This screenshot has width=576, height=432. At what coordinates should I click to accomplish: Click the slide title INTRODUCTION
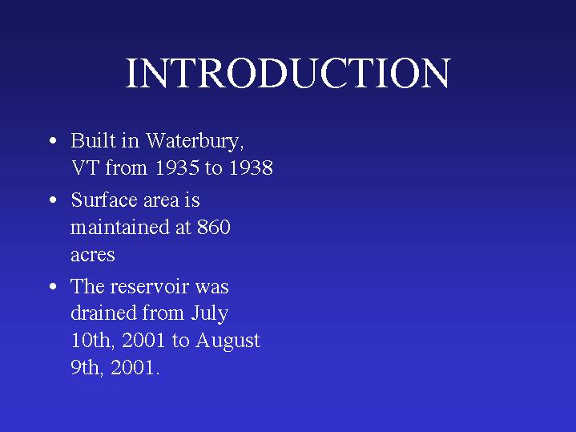coord(288,73)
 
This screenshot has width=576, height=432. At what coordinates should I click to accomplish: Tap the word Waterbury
coord(195,142)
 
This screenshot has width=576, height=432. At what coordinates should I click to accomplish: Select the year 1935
coord(177,168)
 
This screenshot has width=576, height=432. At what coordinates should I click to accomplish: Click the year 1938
coord(251,168)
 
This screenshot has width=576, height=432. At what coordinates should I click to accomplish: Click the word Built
coord(93,140)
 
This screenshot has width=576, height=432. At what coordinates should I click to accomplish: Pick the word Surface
coord(104,200)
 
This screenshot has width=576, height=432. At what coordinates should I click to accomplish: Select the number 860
coord(214,227)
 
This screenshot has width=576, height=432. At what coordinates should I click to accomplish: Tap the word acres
coord(93,255)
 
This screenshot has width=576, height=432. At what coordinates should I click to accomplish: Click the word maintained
coord(119,227)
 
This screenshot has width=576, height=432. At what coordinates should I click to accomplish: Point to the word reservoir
coord(150,286)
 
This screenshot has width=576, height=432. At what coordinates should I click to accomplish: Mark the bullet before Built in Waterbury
coord(53,141)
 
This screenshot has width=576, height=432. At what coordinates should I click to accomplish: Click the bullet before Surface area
coord(53,200)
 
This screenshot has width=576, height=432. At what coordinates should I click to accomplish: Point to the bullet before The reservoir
coord(53,286)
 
